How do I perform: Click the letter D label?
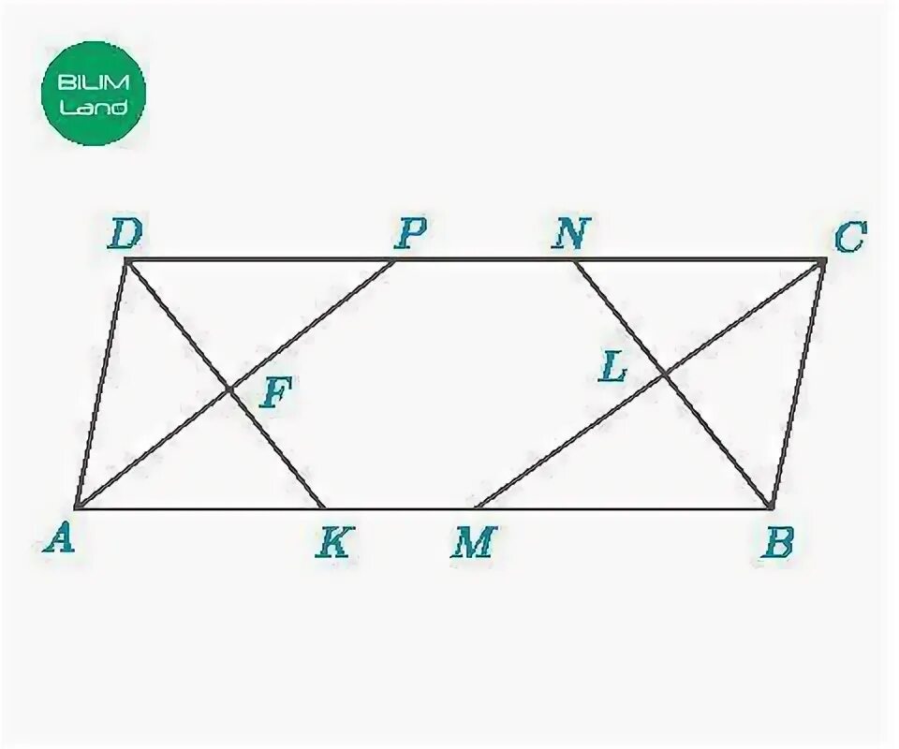click(x=124, y=235)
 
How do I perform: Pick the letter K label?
click(x=333, y=542)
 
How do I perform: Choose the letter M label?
click(x=474, y=542)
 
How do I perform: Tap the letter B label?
click(x=777, y=542)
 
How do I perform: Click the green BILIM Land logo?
click(x=94, y=94)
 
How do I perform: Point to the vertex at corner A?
click(x=75, y=508)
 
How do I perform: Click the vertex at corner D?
click(x=125, y=261)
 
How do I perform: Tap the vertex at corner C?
click(x=823, y=262)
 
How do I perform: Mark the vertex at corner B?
click(x=771, y=507)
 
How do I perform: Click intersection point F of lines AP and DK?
click(x=228, y=389)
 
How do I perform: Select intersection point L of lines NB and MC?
click(x=664, y=374)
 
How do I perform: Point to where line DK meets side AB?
click(x=324, y=508)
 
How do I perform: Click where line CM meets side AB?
click(x=476, y=508)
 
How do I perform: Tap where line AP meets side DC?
click(x=394, y=261)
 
